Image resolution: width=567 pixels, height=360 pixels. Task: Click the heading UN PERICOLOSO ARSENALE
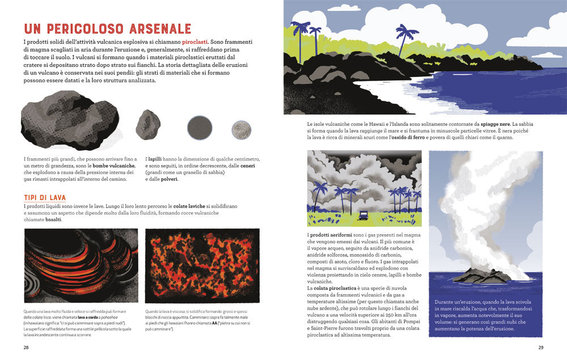point(107,29)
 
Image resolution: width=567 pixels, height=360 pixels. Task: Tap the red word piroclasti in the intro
point(193,42)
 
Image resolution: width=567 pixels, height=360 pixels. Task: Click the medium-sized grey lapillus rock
point(148,124)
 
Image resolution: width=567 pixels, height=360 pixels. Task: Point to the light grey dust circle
point(242,128)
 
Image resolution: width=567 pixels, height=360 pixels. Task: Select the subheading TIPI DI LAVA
point(45,197)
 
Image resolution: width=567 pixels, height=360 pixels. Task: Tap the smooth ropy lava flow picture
point(81,266)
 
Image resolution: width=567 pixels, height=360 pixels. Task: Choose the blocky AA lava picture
point(202,266)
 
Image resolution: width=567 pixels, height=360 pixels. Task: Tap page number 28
point(26,347)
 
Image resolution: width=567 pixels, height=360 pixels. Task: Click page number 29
point(540,347)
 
